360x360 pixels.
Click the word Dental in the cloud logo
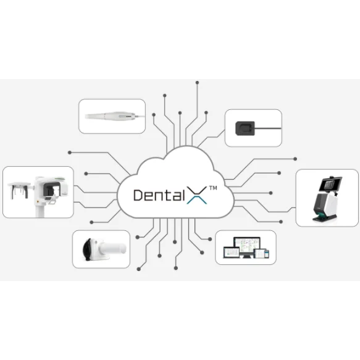click(159, 195)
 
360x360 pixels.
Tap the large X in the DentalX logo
click(197, 195)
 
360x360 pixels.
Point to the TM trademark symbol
click(213, 188)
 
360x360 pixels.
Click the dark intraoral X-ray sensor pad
click(245, 128)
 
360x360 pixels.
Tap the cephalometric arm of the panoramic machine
click(20, 190)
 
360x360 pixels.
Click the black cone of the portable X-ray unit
click(88, 249)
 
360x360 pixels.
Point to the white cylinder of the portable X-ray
click(113, 248)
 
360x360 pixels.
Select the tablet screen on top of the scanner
click(330, 183)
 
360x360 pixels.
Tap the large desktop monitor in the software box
click(247, 247)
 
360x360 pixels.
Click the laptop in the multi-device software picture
click(232, 253)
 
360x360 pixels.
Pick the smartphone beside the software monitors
click(267, 254)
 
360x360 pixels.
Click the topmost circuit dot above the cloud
click(197, 82)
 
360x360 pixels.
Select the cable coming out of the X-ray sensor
click(268, 128)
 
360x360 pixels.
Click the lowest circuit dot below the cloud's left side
click(139, 269)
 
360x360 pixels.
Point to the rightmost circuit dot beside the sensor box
click(295, 159)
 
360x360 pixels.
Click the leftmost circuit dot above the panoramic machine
click(70, 153)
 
